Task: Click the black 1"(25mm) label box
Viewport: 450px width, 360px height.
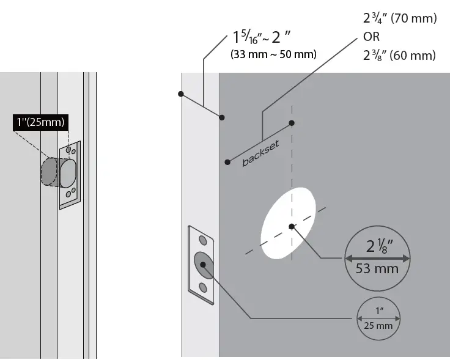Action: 40,122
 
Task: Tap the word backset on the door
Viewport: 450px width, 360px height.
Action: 260,153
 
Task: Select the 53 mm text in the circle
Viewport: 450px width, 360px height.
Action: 378,268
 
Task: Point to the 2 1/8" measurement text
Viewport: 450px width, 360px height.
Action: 378,246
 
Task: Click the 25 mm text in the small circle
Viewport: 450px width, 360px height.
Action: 377,325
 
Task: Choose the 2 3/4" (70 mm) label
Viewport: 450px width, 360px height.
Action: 400,19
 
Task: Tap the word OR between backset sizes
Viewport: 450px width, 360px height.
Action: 372,37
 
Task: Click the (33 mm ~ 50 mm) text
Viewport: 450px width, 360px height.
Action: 273,54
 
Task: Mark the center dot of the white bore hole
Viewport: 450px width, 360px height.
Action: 292,227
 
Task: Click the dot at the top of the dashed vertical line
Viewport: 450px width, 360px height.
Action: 292,123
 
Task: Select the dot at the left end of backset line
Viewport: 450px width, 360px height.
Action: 227,162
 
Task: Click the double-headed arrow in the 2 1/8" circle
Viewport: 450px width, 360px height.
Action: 378,258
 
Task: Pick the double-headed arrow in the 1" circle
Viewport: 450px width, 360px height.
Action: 377,318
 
